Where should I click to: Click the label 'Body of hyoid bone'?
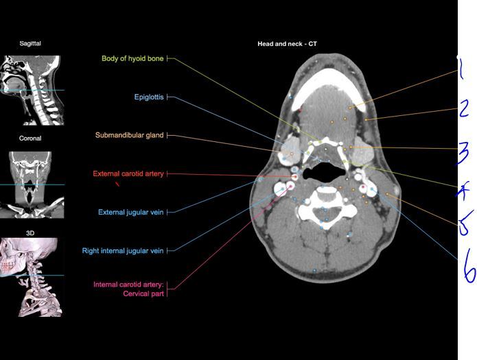point(132,59)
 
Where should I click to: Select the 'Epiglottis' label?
point(149,97)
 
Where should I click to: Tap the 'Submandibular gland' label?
point(129,135)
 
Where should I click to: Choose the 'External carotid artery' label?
point(128,173)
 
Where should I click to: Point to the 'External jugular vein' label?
point(130,212)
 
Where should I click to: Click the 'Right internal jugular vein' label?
point(123,250)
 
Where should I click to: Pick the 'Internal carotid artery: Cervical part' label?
point(128,289)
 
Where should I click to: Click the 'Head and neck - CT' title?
point(287,44)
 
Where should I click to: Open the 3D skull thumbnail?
point(30,276)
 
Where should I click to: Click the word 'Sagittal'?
point(30,43)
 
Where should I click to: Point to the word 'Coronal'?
point(30,138)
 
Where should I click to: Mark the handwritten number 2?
point(465,110)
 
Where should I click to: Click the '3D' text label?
point(30,233)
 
